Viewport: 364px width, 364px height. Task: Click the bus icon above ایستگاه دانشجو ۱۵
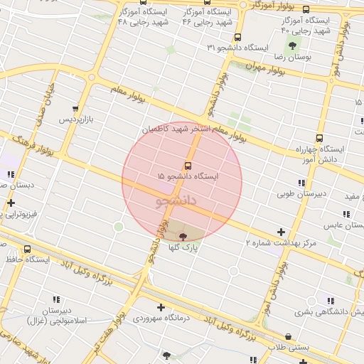[187, 166]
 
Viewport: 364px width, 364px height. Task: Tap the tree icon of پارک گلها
[183, 237]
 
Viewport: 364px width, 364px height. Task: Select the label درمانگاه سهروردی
[166, 318]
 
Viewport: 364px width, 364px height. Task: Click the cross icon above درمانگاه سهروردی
[162, 308]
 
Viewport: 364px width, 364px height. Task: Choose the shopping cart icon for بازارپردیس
[75, 109]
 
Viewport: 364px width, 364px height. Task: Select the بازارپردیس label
[75, 119]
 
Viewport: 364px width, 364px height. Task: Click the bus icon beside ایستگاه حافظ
[28, 250]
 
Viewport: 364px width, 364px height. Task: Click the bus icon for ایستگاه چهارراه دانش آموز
[318, 139]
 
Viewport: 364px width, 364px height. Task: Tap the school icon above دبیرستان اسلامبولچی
[57, 301]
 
